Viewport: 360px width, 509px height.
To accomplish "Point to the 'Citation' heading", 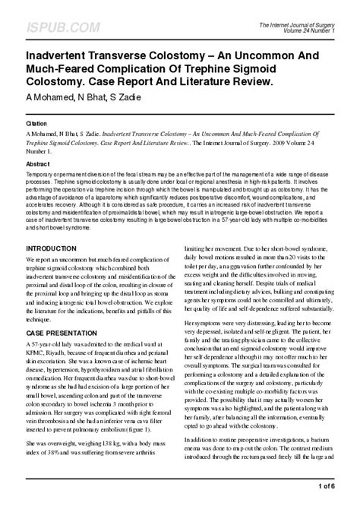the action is pyautogui.click(x=37, y=121).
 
